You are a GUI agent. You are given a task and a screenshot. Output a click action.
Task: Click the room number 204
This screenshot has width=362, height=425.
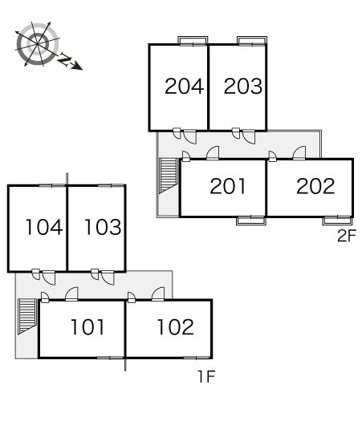(185, 86)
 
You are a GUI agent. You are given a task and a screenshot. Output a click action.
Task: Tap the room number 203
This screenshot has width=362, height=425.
(243, 86)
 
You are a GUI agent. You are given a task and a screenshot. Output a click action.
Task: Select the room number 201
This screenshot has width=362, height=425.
(228, 186)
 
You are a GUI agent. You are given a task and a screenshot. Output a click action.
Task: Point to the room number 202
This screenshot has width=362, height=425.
(315, 186)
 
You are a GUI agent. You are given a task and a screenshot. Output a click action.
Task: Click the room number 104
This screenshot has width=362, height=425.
(44, 227)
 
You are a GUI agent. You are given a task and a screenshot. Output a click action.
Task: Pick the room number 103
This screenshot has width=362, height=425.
(103, 227)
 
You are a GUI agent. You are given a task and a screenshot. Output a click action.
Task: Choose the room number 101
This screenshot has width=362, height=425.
(87, 327)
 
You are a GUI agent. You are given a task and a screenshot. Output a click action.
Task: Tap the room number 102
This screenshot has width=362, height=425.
(176, 327)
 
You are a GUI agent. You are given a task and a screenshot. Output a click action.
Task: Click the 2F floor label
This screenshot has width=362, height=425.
(347, 236)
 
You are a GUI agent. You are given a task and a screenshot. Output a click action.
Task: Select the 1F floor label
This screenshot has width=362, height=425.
(207, 376)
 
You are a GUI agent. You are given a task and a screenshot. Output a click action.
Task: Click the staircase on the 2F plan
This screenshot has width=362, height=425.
(169, 176)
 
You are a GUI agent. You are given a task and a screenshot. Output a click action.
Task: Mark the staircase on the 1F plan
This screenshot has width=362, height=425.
(27, 317)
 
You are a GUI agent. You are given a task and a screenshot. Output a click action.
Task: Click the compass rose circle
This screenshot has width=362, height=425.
(38, 44)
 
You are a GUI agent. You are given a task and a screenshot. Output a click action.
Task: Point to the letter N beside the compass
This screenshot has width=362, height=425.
(64, 59)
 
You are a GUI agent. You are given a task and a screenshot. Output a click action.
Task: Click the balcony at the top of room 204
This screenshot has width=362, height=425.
(193, 40)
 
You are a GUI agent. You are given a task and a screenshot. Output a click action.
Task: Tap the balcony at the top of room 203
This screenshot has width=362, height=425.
(252, 40)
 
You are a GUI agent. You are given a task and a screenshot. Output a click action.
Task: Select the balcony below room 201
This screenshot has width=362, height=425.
(251, 221)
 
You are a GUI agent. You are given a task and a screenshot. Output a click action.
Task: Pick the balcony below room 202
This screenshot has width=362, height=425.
(337, 221)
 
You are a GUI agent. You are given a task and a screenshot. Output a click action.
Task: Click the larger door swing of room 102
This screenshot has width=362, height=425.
(158, 293)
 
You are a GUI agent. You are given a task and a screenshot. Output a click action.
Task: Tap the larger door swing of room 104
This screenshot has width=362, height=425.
(49, 277)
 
